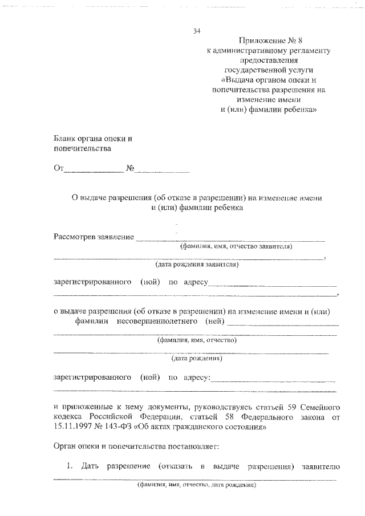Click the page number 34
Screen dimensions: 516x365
tap(197, 31)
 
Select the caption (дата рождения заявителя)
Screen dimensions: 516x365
tap(197, 265)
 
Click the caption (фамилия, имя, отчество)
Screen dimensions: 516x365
tap(197, 340)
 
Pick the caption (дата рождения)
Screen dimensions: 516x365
tap(197, 359)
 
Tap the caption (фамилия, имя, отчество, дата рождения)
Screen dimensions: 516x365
tap(197, 486)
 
